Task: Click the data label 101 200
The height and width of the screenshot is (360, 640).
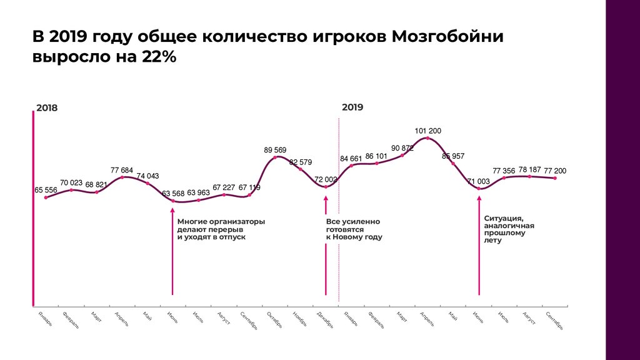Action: coord(428,131)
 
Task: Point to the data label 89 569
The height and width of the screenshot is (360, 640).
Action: coord(275,150)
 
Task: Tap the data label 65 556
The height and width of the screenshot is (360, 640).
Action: coord(46,190)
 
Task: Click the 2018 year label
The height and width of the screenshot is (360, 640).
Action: coord(47,107)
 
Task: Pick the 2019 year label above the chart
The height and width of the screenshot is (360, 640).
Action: coord(352,107)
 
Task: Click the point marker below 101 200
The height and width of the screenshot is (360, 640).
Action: coord(427,138)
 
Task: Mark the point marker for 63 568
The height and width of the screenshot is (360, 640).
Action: coord(172,201)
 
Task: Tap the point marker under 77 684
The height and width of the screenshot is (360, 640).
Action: coord(122,177)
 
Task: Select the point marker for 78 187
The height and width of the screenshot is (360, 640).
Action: coord(530,177)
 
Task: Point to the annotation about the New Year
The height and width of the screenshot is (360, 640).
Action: coord(354,229)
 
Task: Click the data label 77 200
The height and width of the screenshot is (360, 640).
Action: coord(555,171)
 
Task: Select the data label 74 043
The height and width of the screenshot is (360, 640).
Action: coord(148,176)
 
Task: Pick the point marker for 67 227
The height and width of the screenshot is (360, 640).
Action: coord(224,195)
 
